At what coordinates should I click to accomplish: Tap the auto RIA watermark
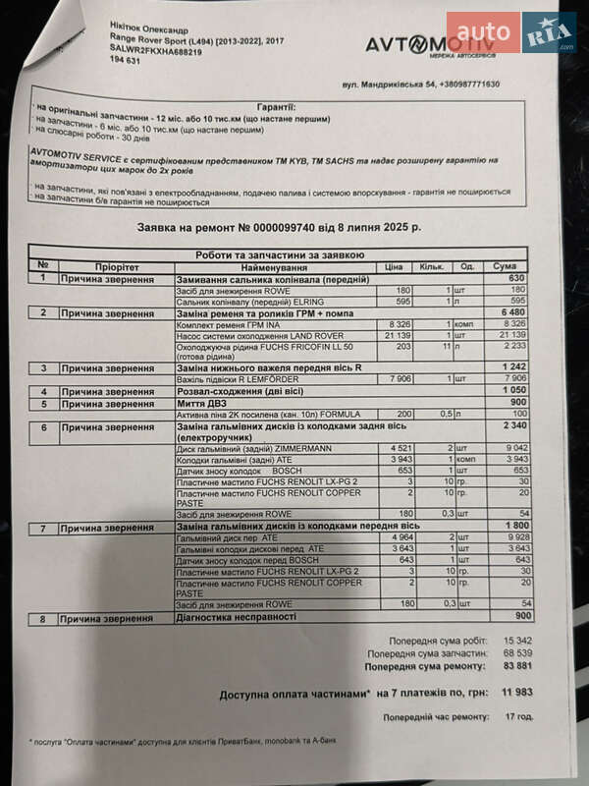click(510, 31)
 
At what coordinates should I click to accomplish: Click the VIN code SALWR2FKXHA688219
click(156, 51)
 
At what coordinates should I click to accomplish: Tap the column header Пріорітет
click(117, 266)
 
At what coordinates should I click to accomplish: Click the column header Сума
click(504, 266)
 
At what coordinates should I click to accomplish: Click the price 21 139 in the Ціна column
click(395, 335)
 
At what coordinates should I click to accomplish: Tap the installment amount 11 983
click(515, 692)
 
